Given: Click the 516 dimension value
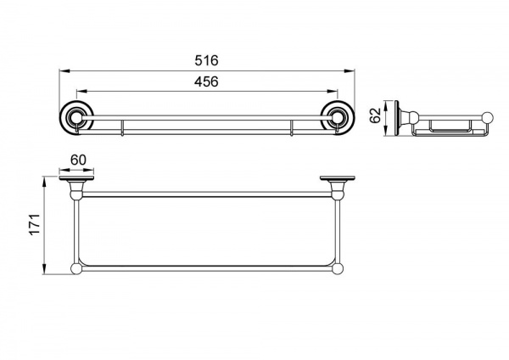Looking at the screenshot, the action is pos(206,60).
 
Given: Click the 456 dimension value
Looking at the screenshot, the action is pos(206,82).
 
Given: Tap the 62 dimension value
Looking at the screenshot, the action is pos(375,115).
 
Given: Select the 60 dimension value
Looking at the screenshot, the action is pos(78,160).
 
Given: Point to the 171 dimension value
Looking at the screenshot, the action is pos(35,224).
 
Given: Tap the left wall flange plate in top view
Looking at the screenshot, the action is pos(76,178).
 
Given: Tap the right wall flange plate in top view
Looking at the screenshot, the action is pos(338,178).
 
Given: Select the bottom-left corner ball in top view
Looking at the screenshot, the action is pos(76,269).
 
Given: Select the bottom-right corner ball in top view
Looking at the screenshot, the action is pos(338,269).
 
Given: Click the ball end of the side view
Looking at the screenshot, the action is pos(488,118).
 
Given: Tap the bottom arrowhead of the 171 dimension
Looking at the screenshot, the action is pos(44,269).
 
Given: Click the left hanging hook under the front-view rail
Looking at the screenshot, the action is pos(122,128).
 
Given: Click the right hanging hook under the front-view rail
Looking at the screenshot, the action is pos(292,128).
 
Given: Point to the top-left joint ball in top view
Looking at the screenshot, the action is pos(76,195).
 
